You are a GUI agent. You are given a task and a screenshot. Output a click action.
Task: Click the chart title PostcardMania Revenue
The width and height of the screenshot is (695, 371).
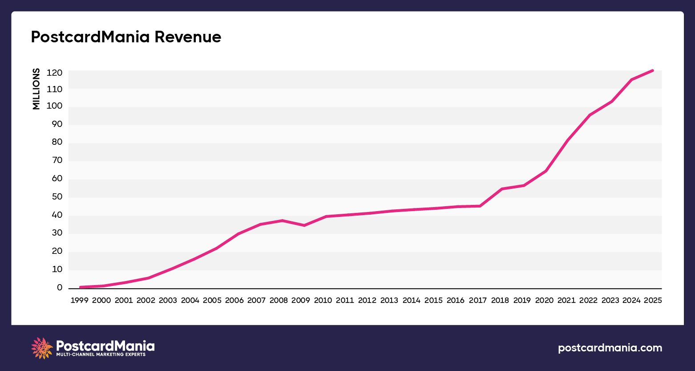click(x=126, y=37)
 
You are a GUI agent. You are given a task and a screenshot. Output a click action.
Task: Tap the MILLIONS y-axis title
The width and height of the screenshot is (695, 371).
click(x=36, y=89)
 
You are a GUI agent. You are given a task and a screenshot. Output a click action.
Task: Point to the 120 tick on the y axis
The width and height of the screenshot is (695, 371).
click(x=54, y=73)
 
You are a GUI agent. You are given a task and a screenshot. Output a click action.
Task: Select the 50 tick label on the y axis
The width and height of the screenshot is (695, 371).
click(x=57, y=197)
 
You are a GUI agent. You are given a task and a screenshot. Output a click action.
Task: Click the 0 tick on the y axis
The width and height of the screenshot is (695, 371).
click(x=60, y=288)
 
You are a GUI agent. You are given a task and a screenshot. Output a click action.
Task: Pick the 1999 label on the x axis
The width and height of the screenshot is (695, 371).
click(x=79, y=301)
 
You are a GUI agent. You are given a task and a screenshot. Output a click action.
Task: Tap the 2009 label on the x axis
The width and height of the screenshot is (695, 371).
click(x=301, y=301)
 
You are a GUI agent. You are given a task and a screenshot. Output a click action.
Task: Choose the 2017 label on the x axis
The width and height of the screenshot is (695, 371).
click(x=477, y=301)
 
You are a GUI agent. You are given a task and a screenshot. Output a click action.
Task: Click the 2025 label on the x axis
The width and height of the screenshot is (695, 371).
click(x=653, y=301)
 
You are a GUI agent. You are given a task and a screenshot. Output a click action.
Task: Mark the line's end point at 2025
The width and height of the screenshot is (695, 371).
click(x=652, y=70)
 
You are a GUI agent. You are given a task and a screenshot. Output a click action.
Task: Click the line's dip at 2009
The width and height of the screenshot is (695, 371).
click(x=304, y=225)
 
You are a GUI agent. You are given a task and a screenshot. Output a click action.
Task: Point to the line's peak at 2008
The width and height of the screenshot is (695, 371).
click(x=282, y=220)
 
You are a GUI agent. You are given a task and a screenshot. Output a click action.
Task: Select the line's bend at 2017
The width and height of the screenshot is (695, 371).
click(x=480, y=206)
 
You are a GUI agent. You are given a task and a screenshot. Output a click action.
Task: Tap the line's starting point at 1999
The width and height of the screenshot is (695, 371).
click(x=81, y=287)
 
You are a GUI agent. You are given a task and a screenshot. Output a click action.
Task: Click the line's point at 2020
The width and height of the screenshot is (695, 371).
click(x=546, y=171)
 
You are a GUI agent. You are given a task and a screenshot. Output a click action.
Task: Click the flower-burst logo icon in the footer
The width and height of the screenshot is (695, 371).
click(x=42, y=348)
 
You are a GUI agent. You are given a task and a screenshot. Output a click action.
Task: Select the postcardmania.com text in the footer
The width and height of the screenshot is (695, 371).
click(x=610, y=348)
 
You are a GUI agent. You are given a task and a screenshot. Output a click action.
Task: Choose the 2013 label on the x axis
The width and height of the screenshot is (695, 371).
click(x=389, y=301)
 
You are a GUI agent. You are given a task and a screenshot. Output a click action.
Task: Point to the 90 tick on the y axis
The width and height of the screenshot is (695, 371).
click(x=57, y=124)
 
